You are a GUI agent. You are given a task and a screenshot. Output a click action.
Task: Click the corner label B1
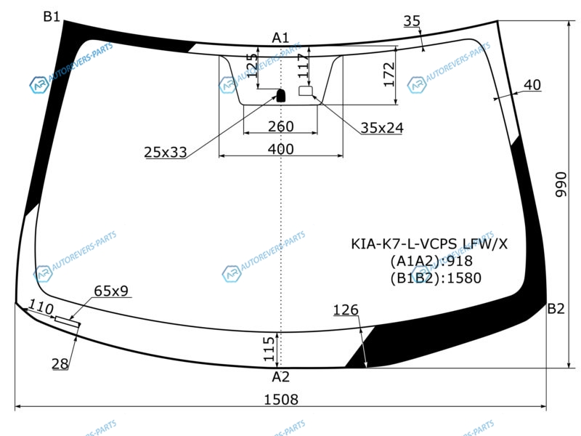[52, 16]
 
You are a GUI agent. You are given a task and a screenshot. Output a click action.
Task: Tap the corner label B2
[556, 308]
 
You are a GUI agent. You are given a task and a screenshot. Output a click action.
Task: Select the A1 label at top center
[280, 38]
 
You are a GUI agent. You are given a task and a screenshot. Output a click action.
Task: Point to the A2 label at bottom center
[280, 376]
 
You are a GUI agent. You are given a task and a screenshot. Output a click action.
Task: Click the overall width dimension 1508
[281, 400]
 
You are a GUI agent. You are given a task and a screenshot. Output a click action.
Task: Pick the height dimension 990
[561, 185]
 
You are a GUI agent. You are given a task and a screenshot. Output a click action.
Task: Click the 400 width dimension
[281, 149]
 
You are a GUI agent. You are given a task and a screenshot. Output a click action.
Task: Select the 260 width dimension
[281, 126]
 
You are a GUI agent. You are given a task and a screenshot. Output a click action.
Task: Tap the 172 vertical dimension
[389, 75]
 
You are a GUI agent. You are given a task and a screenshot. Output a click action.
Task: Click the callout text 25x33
[166, 152]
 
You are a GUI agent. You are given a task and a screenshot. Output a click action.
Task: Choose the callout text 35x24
[382, 128]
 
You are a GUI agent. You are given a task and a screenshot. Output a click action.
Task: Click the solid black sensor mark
[281, 95]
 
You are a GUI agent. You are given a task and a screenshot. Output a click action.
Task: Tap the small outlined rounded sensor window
[306, 90]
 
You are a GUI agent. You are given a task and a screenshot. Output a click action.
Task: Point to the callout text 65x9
[111, 291]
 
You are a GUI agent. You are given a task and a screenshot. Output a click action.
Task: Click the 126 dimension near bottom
[346, 310]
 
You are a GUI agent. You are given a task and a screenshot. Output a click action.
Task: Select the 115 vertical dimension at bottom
[269, 349]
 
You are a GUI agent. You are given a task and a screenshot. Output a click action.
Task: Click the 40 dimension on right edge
[532, 85]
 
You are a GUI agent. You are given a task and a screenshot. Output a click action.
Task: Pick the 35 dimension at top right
[412, 21]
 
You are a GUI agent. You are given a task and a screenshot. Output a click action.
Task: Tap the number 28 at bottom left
[60, 364]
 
